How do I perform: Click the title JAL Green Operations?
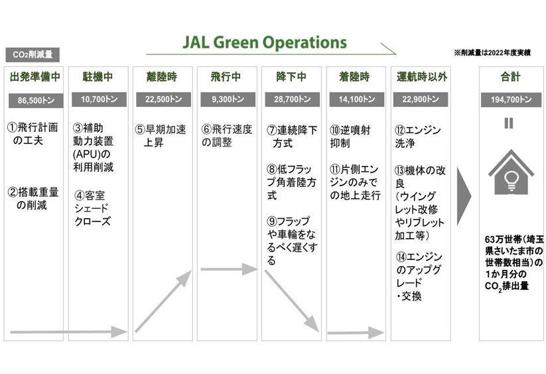point(264,42)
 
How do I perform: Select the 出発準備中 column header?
point(35,76)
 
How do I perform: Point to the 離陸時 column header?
point(162,76)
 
